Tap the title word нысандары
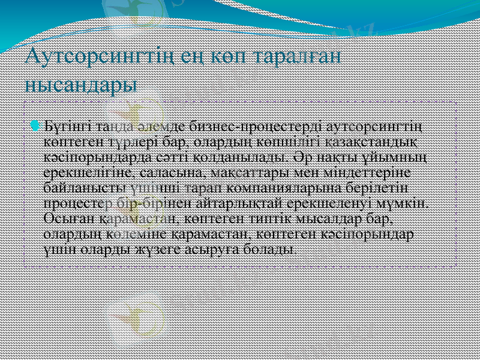(81, 82)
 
